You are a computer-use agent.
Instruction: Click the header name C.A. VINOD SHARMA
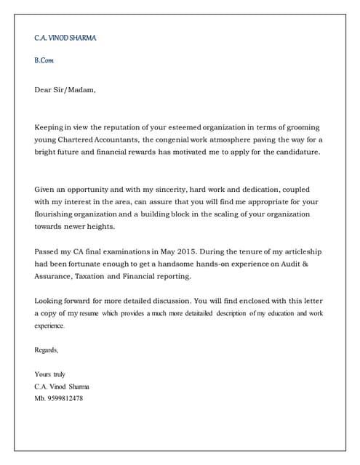click(x=65, y=38)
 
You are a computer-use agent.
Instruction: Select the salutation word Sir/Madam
click(x=76, y=91)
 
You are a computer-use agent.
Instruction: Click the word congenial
click(x=183, y=139)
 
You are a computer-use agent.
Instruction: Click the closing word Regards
click(x=47, y=350)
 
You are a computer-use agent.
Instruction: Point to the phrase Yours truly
click(x=50, y=374)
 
